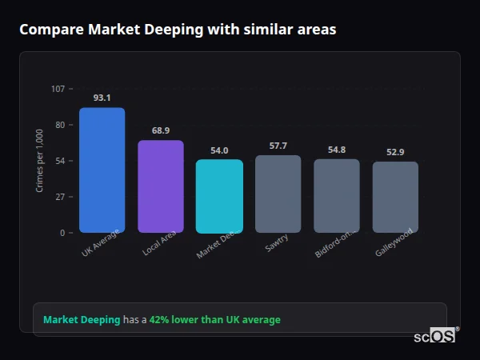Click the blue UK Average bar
[102, 170]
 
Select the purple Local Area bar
[161, 186]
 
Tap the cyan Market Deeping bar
[219, 196]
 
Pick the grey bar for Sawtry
[278, 194]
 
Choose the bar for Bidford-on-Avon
[337, 195]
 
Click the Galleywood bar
[395, 197]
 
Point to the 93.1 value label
[102, 98]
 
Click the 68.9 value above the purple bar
[161, 130]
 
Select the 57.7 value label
[278, 146]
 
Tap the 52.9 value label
[395, 152]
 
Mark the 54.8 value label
[337, 150]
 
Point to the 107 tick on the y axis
[58, 89]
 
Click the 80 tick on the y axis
[60, 125]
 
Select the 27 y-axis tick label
[60, 197]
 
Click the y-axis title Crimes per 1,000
[40, 161]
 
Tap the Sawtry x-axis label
[277, 243]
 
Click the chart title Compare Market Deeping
[178, 30]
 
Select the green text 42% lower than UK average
[214, 320]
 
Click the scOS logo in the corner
[435, 337]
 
